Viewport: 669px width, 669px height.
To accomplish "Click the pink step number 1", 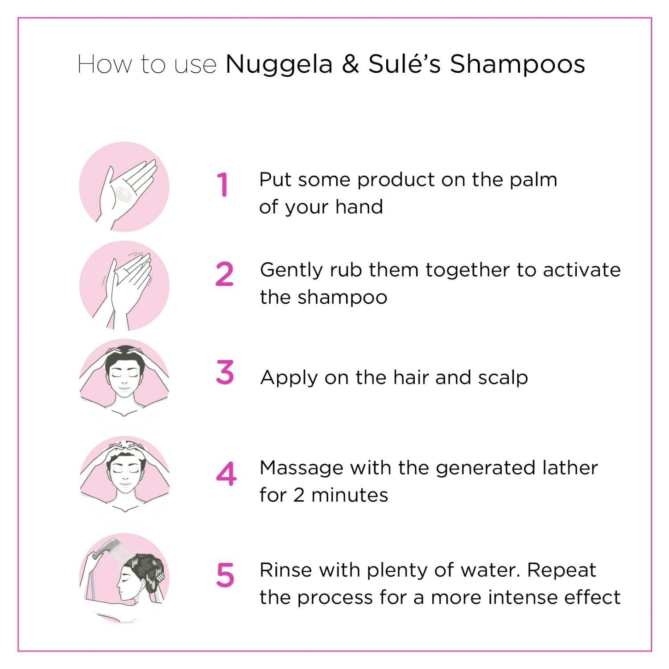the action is point(223,185).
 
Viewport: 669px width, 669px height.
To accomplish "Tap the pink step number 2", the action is point(224,274).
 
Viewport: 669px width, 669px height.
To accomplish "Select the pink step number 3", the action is point(225,372).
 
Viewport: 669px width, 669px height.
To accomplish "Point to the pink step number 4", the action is point(226,474).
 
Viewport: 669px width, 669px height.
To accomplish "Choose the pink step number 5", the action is point(225,575).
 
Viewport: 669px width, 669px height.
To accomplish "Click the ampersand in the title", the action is point(351,64).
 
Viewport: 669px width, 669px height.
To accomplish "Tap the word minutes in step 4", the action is point(350,496).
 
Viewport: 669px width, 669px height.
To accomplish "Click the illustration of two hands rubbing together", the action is point(124,286).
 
